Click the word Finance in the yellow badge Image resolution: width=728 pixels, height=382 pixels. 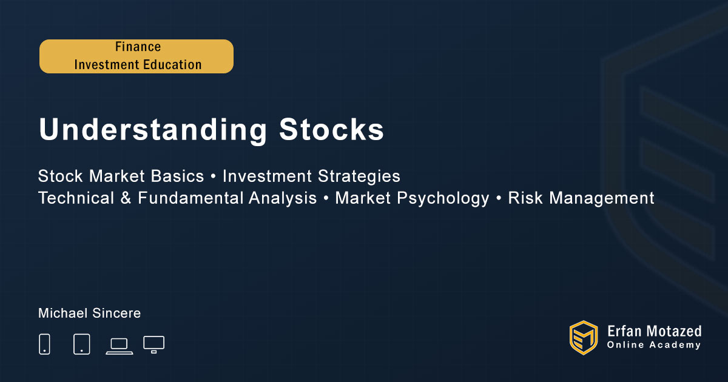[138, 47]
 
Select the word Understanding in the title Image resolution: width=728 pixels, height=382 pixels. [153, 130]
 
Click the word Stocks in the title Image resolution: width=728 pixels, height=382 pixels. [331, 129]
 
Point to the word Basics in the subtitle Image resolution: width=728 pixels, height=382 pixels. [177, 176]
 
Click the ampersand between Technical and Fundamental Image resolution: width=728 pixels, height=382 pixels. [126, 198]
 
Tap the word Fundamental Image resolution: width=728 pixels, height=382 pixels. [190, 198]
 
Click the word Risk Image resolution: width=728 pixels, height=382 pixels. [525, 198]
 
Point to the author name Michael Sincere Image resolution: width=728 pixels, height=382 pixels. [89, 313]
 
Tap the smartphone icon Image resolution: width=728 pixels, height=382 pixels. [44, 344]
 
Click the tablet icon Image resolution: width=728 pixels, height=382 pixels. [81, 344]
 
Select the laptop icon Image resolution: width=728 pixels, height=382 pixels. [120, 347]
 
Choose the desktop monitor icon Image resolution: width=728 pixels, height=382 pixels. [153, 344]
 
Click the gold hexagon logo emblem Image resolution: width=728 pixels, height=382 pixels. [584, 338]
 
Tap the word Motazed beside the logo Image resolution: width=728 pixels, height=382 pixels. [674, 331]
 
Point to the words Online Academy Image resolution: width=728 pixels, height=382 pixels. [654, 345]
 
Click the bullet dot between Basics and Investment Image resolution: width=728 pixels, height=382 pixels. [213, 176]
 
